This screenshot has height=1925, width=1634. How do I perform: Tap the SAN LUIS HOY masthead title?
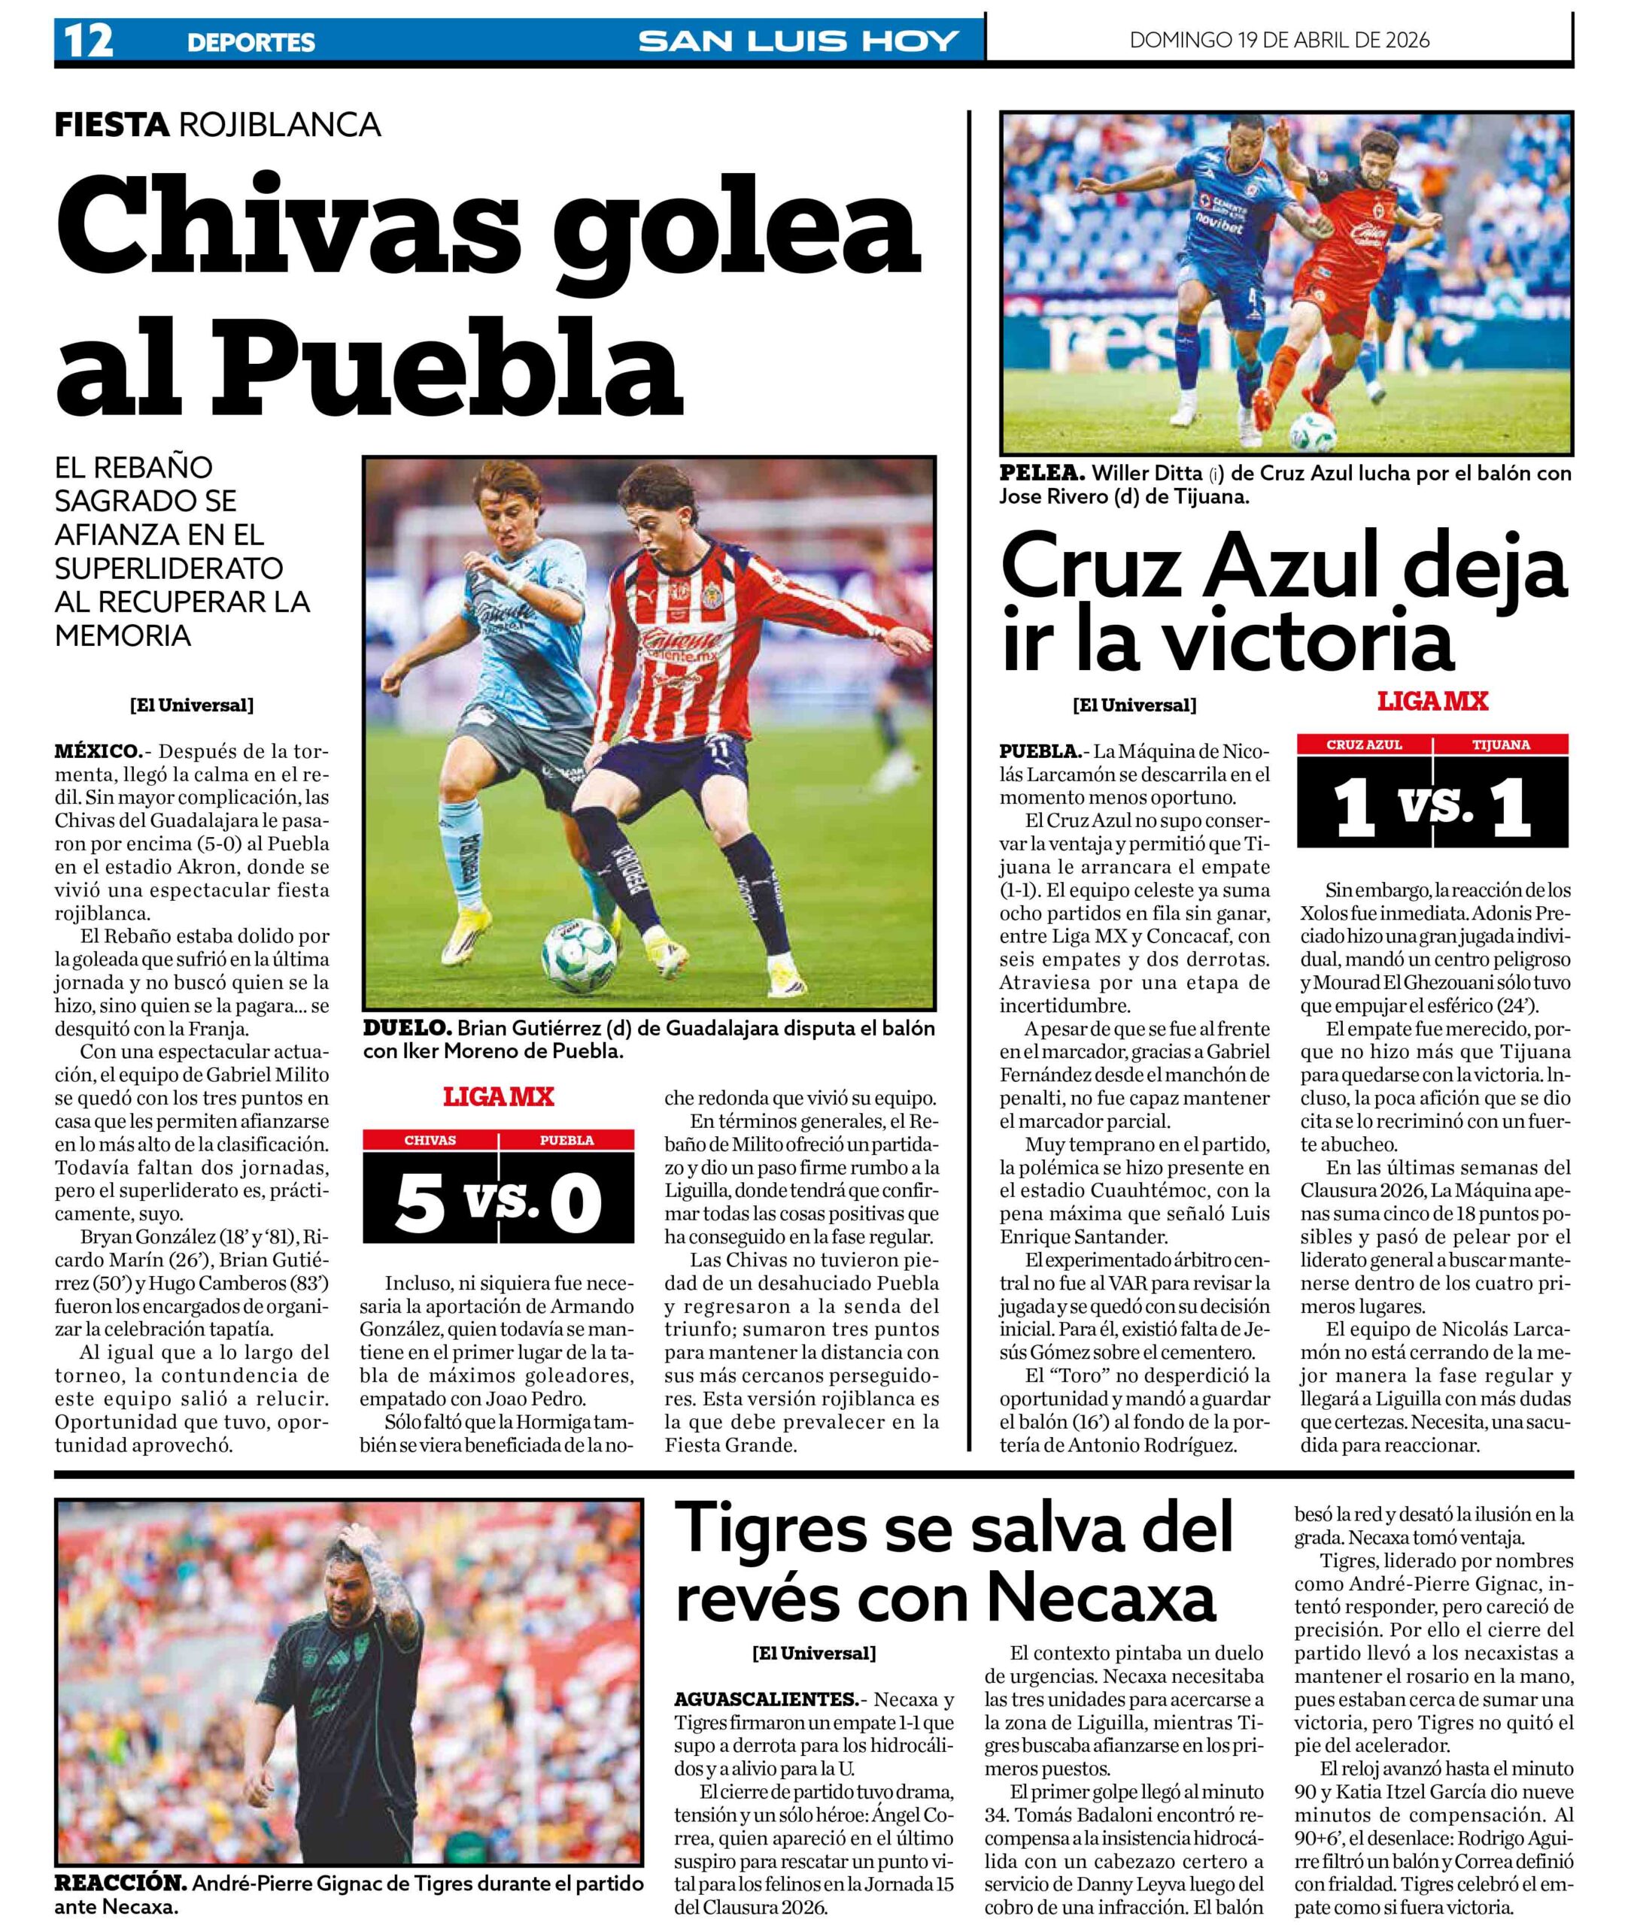pyautogui.click(x=797, y=41)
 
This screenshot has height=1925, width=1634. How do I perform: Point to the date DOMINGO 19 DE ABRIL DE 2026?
pyautogui.click(x=1279, y=40)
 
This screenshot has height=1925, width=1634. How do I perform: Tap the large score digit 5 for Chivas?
pyautogui.click(x=421, y=1205)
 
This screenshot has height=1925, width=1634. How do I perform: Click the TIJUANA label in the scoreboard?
pyautogui.click(x=1501, y=744)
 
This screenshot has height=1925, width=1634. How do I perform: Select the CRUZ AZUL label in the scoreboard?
pyautogui.click(x=1365, y=744)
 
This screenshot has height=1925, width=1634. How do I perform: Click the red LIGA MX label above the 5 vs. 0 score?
pyautogui.click(x=498, y=1097)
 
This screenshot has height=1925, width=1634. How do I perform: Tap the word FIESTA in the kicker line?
pyautogui.click(x=112, y=124)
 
